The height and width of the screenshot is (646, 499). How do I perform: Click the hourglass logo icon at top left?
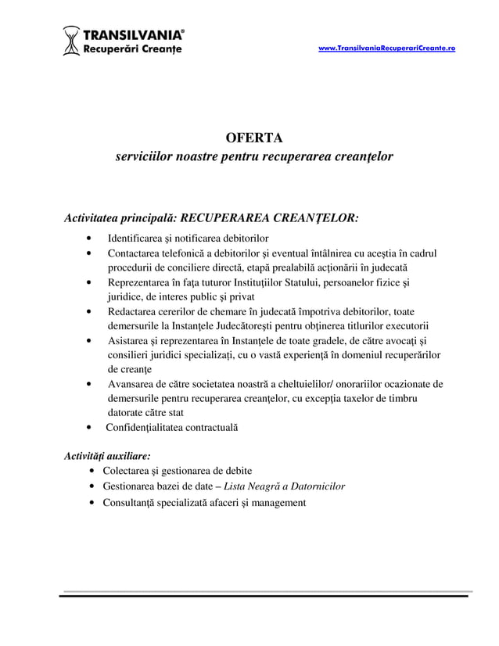tap(71, 41)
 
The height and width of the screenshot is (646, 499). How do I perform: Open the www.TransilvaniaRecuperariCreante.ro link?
tap(387, 48)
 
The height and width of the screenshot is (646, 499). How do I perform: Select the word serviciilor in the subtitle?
tap(145, 157)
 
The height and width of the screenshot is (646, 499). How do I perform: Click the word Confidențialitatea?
tap(148, 428)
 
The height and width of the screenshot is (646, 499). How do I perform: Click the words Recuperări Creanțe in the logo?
tap(132, 49)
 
